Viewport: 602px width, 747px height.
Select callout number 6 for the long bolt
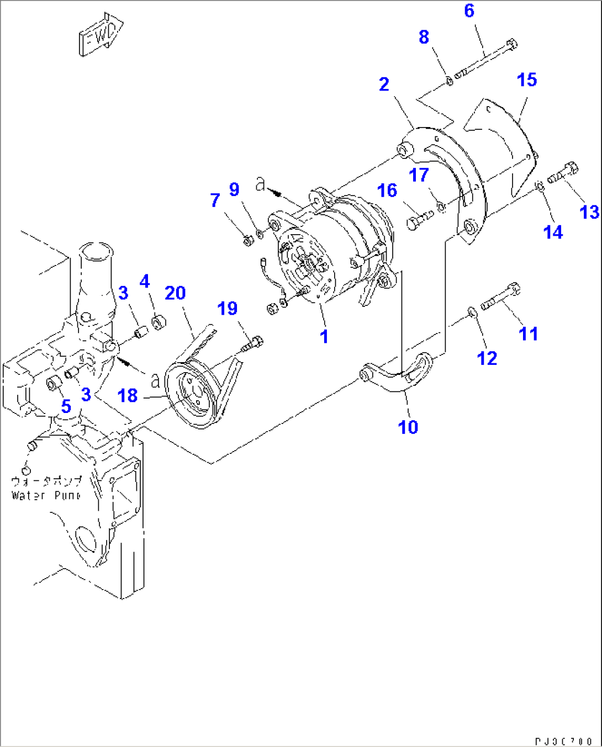pyautogui.click(x=469, y=10)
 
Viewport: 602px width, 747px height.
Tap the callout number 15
pyautogui.click(x=526, y=80)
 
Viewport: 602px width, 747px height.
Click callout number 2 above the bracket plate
pyautogui.click(x=384, y=84)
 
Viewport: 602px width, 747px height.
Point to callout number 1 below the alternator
pyautogui.click(x=324, y=336)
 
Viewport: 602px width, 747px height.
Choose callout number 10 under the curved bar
pyautogui.click(x=408, y=427)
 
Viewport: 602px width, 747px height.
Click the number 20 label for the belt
pyautogui.click(x=175, y=293)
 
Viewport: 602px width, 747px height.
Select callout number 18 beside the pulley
pyautogui.click(x=128, y=395)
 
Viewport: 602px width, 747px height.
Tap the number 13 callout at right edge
pyautogui.click(x=589, y=211)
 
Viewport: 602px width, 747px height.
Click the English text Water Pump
pyautogui.click(x=46, y=496)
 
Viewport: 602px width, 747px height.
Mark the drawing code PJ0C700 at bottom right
pyautogui.click(x=563, y=741)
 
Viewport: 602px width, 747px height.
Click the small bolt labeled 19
pyautogui.click(x=253, y=343)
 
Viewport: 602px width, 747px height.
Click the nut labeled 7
pyautogui.click(x=248, y=240)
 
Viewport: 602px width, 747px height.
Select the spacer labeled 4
pyautogui.click(x=157, y=322)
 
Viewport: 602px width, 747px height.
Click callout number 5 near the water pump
pyautogui.click(x=66, y=406)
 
